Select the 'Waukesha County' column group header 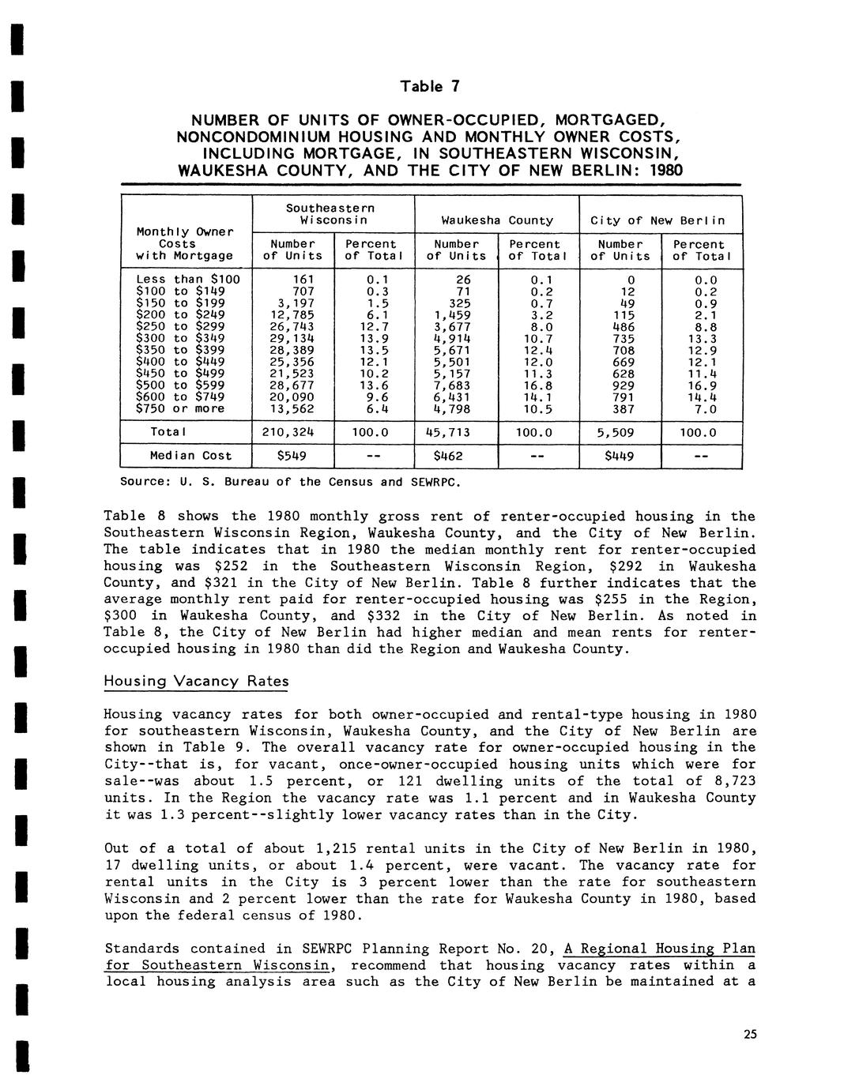497,220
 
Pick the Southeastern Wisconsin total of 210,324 292,432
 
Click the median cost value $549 292,456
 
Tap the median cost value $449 619,456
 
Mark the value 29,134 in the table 292,337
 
